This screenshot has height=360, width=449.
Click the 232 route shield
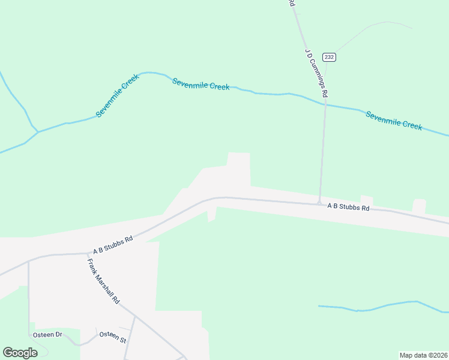click(x=328, y=57)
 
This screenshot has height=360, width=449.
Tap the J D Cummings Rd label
click(x=316, y=73)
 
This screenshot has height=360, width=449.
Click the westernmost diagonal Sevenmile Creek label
click(x=117, y=96)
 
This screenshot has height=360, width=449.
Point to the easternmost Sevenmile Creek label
click(x=394, y=121)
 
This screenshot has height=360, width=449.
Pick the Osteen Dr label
click(x=47, y=334)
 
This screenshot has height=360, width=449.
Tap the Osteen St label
click(x=112, y=337)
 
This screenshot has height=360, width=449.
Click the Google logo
click(x=20, y=353)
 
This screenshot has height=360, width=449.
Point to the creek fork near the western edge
click(x=38, y=131)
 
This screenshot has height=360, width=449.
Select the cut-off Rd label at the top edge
click(x=292, y=3)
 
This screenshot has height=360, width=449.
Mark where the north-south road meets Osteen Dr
click(x=29, y=334)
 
